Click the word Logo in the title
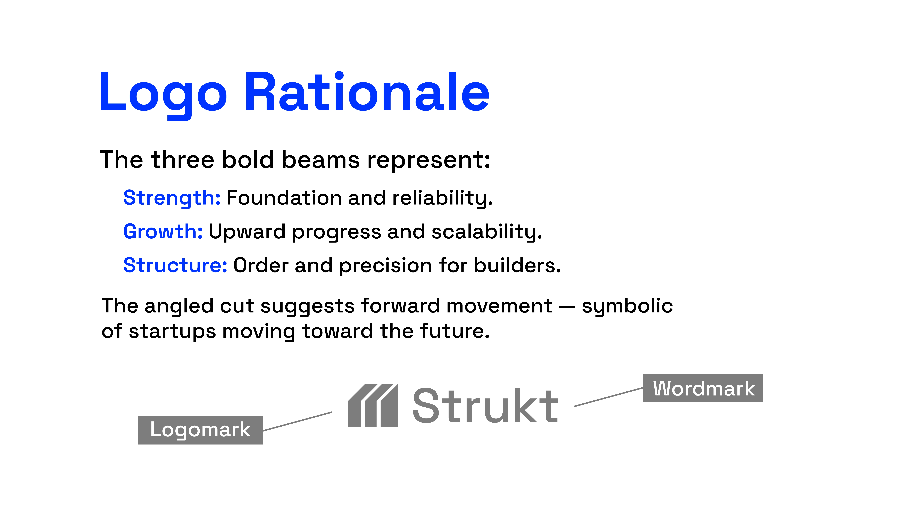click(163, 95)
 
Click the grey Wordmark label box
click(703, 388)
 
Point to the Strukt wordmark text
click(485, 406)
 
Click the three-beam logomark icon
click(373, 405)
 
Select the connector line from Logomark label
click(297, 421)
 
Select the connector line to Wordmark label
click(609, 397)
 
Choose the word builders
click(517, 265)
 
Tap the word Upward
click(247, 232)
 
